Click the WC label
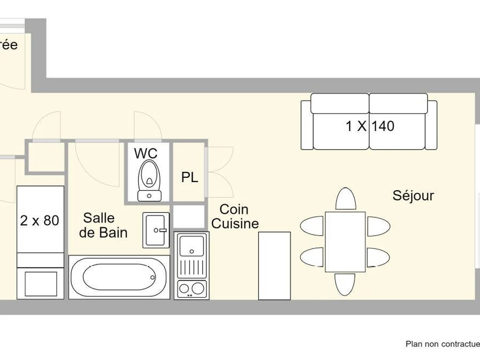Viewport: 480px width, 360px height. click(x=146, y=153)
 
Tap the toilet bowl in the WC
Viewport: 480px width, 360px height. click(x=149, y=176)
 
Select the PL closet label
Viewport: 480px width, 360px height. click(x=190, y=177)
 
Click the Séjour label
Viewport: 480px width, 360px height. click(x=413, y=196)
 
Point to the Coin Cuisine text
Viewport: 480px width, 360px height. click(x=235, y=216)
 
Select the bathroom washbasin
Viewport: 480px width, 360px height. click(x=156, y=230)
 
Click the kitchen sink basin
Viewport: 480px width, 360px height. click(x=192, y=245)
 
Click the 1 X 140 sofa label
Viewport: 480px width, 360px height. click(x=370, y=126)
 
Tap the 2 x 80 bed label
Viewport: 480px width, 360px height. click(x=40, y=220)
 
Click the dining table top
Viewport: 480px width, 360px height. click(x=345, y=241)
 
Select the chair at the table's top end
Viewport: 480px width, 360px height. click(x=346, y=198)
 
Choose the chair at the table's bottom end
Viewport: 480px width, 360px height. click(x=345, y=284)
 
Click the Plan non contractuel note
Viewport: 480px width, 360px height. click(x=442, y=344)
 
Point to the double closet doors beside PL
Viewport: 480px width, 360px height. click(x=219, y=172)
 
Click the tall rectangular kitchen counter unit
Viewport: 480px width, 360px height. click(x=274, y=265)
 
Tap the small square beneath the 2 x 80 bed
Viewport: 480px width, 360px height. click(x=41, y=284)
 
